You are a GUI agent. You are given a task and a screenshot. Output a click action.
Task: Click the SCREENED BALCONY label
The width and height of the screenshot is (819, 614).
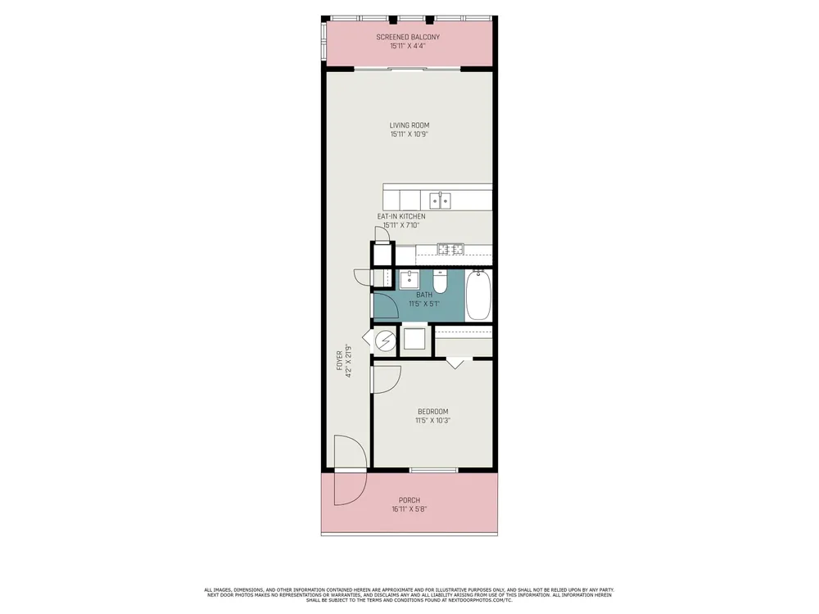pos(408,37)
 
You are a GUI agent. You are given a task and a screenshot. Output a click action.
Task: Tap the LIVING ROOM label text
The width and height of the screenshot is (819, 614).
pos(409,125)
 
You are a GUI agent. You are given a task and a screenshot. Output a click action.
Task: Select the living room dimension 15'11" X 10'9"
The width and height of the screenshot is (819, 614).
pos(409,134)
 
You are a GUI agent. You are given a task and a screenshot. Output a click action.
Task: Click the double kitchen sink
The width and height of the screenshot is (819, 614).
pos(441,201)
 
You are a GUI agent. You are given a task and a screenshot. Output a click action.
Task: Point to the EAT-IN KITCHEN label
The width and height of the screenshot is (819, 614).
pos(401,216)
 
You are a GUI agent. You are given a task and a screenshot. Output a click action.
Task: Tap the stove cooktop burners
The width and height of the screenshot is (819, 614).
pos(450,249)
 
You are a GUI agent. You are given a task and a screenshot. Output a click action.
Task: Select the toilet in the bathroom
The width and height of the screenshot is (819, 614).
pos(440,281)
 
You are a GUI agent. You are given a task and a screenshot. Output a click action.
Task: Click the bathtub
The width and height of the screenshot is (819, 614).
pos(478,295)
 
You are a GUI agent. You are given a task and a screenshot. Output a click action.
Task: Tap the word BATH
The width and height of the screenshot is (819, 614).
pos(424,295)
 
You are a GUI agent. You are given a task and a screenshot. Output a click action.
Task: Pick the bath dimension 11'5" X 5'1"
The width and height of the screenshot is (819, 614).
pos(424,304)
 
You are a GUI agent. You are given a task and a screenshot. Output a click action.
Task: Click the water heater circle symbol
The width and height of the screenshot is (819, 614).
pos(386,341)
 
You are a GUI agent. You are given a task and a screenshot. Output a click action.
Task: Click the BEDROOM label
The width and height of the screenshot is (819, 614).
pos(433,412)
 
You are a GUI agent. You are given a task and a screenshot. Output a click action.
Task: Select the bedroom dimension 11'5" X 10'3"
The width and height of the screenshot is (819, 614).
pos(433,420)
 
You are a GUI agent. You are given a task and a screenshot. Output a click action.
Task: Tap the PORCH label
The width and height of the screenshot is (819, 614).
pos(409,500)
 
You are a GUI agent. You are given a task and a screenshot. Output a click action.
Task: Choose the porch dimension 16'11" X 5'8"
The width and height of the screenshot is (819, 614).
pos(409,509)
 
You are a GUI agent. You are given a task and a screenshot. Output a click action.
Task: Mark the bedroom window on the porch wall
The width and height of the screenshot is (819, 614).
pos(434,471)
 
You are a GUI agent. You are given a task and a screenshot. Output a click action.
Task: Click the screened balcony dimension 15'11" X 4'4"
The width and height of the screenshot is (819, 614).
pos(408,46)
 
